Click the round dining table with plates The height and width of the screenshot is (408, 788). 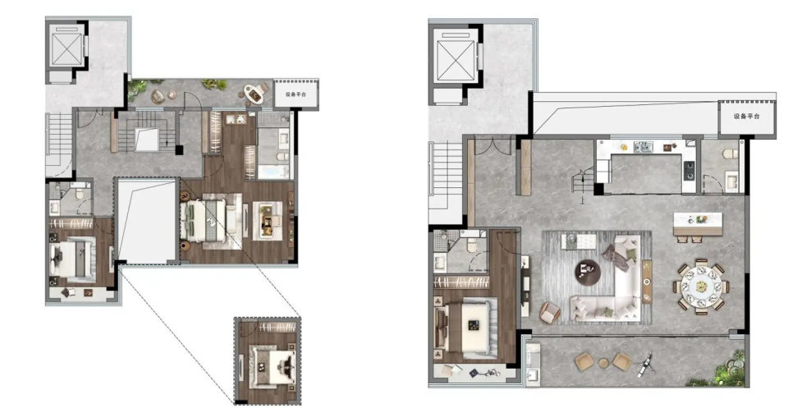point(702,287)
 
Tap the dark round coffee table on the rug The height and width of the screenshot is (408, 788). point(588,273)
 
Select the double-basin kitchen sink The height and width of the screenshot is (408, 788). point(644,147)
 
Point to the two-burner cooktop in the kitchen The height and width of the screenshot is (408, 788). point(689,169)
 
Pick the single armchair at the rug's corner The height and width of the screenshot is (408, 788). point(550,313)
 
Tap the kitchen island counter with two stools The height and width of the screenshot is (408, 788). point(698,224)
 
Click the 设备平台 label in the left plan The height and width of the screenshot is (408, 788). point(295,94)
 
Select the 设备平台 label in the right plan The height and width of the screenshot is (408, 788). point(746,116)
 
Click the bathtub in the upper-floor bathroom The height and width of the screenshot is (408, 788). point(273,172)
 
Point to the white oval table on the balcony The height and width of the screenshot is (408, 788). point(254,94)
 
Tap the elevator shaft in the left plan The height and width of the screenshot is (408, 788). point(66,50)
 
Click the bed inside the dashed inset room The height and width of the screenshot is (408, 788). point(272,367)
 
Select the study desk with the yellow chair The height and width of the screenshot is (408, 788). point(268,220)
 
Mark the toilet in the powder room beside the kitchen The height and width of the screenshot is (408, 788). point(731,154)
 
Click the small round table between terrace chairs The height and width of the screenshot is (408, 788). point(603,363)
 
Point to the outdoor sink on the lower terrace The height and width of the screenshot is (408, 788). point(533,374)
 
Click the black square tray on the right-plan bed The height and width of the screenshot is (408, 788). point(473,325)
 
